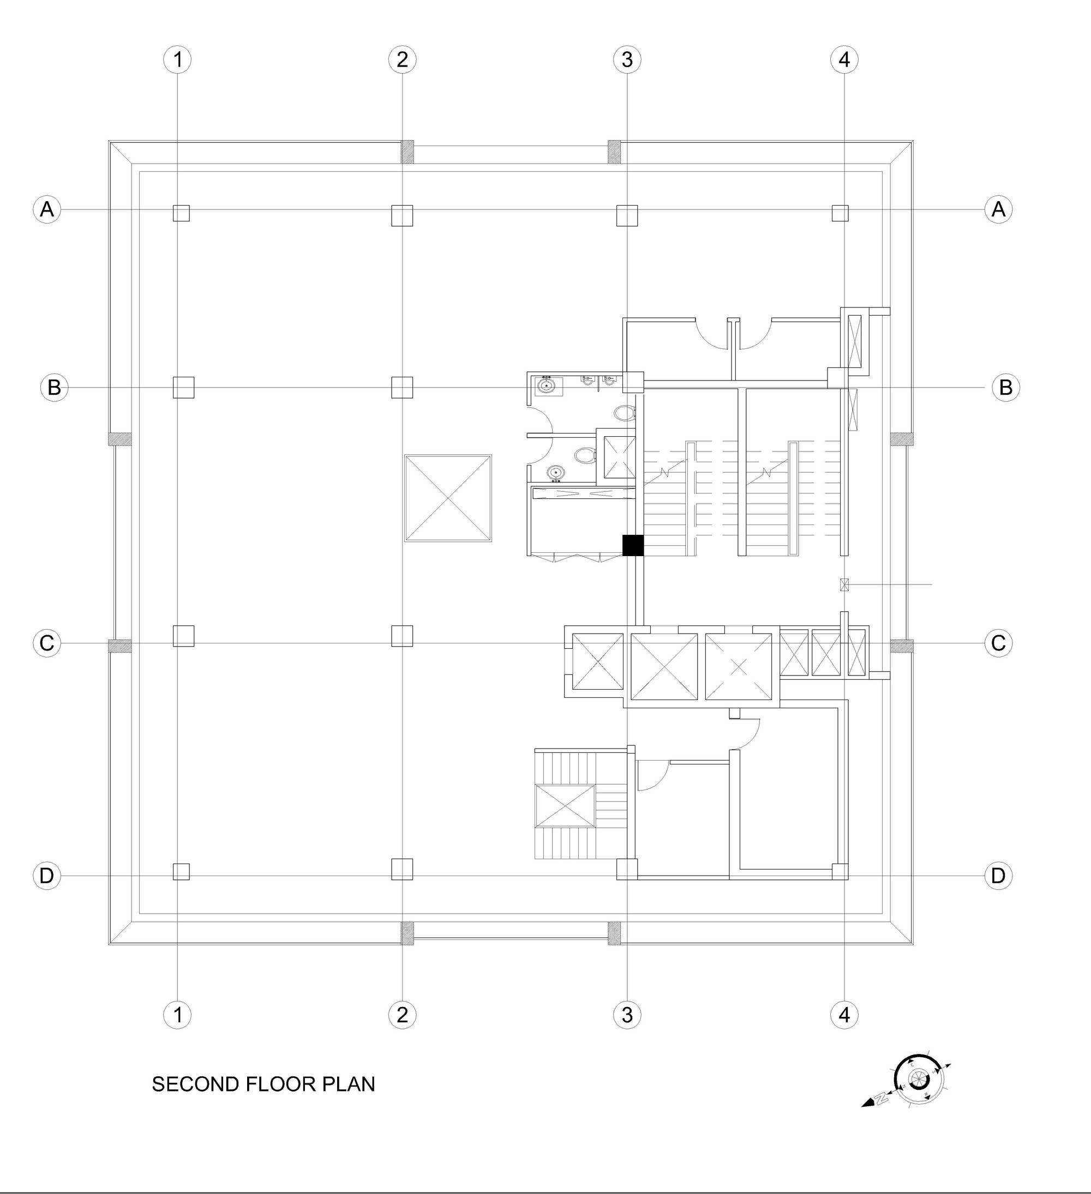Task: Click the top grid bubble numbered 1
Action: tap(177, 59)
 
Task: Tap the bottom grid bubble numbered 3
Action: tap(627, 1015)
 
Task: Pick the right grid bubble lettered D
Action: tap(998, 876)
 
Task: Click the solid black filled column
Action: tap(633, 545)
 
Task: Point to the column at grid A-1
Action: tap(181, 213)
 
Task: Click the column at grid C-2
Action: tap(402, 636)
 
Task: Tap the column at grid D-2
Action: tap(402, 869)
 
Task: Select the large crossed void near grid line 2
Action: tap(448, 498)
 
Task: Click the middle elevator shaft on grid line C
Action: tap(664, 666)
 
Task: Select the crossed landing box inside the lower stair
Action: tap(564, 805)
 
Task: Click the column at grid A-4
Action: tap(840, 213)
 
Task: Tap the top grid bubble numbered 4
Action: tap(844, 59)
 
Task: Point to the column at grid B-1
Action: tap(183, 387)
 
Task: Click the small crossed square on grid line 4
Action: tap(844, 584)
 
